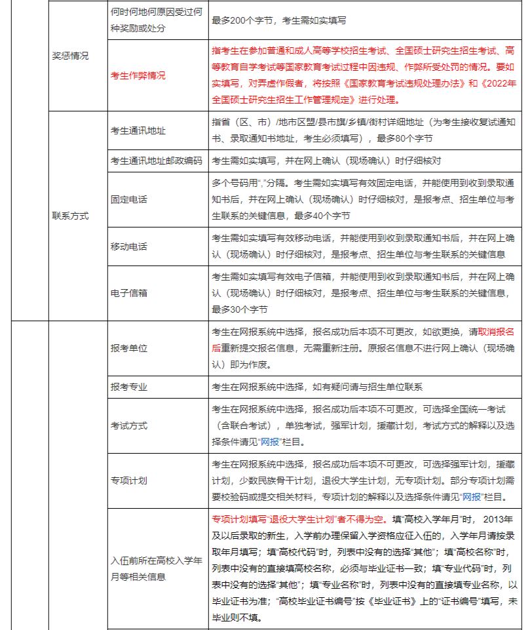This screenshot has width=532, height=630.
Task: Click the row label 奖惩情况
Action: (x=70, y=56)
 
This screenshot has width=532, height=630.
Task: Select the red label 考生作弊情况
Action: (x=138, y=75)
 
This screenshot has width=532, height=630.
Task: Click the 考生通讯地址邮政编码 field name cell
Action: (x=157, y=161)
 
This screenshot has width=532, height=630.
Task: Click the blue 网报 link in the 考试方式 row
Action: (x=271, y=442)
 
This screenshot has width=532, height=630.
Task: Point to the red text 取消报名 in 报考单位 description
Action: (x=500, y=332)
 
